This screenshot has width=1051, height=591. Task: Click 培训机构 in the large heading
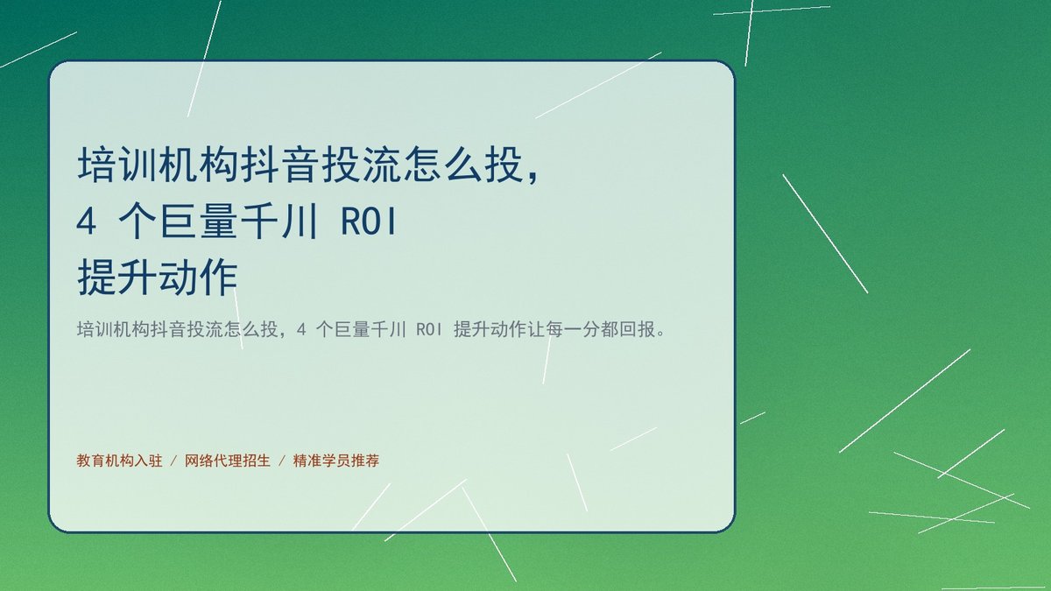point(159,165)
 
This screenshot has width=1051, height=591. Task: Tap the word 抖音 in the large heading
point(280,165)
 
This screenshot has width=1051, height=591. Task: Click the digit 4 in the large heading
point(87,222)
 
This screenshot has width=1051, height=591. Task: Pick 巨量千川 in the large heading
point(240,222)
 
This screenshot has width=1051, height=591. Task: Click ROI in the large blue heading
point(369,222)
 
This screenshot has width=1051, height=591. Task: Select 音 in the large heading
point(300,165)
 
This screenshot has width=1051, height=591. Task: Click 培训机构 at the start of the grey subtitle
point(113,329)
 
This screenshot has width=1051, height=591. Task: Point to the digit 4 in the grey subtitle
point(301,330)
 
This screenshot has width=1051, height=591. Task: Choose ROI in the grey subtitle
point(429,330)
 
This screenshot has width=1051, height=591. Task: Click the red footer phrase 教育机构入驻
point(120,461)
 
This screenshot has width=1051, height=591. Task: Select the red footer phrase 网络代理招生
point(228,461)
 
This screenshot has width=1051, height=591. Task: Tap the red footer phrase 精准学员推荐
point(336,461)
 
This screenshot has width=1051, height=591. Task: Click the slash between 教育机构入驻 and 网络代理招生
point(173,461)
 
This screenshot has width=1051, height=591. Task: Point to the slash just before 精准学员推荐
point(282,461)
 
